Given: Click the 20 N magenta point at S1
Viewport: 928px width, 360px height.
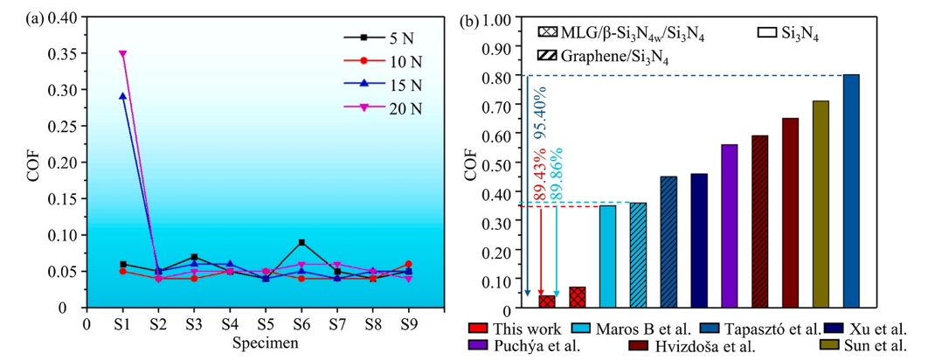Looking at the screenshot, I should coord(123,54).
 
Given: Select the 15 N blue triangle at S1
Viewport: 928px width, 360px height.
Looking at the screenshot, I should coord(123,97).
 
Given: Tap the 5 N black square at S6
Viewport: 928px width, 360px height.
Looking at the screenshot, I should coord(301,242).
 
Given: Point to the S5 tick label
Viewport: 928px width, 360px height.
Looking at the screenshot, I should coord(266,324).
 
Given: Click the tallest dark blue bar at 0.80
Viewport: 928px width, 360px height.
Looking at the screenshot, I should coord(850,192).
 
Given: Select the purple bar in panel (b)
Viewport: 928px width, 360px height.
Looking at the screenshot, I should coord(730,225).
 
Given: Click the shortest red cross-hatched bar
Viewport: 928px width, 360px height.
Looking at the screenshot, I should coord(547,301).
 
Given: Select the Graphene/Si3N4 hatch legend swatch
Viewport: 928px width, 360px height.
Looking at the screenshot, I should coord(544,56).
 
